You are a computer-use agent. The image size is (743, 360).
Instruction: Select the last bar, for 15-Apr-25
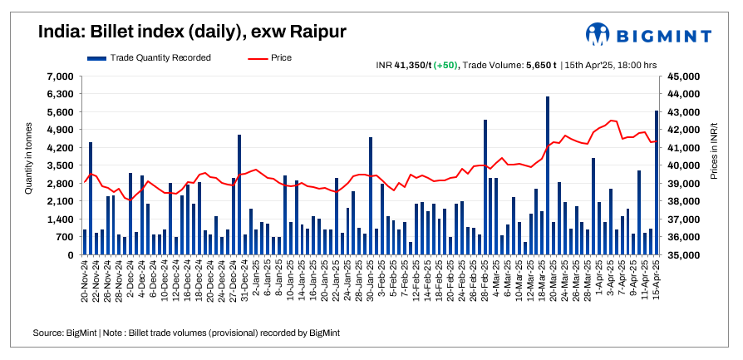click(657, 183)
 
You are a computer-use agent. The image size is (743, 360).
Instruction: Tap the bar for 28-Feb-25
click(485, 187)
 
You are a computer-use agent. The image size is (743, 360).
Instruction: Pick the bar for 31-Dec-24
click(239, 195)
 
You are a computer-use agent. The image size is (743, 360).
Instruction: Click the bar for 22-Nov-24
click(91, 199)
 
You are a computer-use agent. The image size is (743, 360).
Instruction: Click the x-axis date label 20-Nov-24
click(85, 283)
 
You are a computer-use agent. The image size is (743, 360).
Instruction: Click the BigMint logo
click(647, 35)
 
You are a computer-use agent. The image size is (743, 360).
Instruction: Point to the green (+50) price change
click(445, 64)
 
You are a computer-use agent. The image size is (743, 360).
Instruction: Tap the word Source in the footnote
click(47, 333)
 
